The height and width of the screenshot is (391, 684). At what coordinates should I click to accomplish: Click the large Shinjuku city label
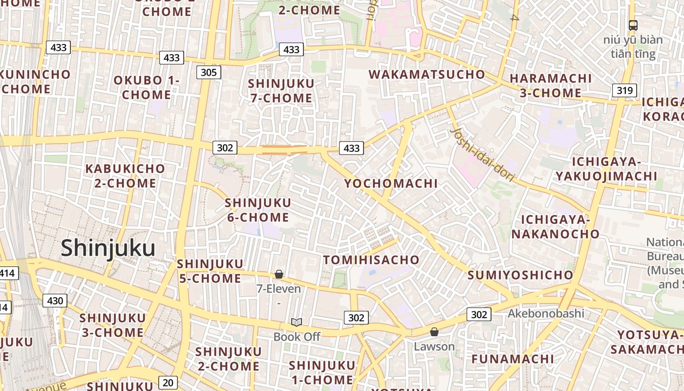coord(108,248)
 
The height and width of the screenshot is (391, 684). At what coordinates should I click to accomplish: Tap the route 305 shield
coord(209,73)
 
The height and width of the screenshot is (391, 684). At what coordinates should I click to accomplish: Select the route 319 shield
coord(624,90)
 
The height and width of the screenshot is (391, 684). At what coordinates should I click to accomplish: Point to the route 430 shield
coord(55,301)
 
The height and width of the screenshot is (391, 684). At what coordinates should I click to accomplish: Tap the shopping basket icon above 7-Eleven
coord(279,274)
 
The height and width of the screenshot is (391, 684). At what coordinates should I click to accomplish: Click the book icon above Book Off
coord(296,322)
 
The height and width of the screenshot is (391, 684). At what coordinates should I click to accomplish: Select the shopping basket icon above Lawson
coord(434,332)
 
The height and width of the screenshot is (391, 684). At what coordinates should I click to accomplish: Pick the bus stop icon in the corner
coord(633,25)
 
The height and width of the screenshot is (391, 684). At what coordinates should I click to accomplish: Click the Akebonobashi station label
coord(546,313)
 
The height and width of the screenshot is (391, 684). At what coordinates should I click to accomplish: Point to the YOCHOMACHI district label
coord(391,184)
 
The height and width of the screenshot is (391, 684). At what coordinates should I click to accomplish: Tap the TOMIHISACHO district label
coord(371,260)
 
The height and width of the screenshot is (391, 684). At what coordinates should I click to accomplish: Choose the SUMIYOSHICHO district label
coord(520,275)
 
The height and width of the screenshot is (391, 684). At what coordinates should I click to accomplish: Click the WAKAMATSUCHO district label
coord(427,75)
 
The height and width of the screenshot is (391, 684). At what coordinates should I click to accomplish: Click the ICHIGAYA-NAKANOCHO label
coord(555,227)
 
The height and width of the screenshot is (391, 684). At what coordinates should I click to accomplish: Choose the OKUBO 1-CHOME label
coord(147,87)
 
